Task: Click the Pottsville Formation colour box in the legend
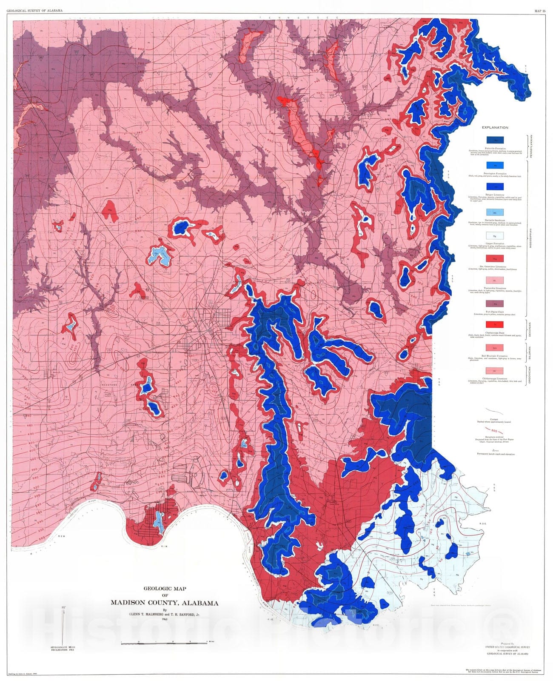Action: pyautogui.click(x=495, y=140)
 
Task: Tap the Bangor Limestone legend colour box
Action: pyautogui.click(x=495, y=186)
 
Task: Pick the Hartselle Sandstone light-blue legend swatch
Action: pyautogui.click(x=495, y=212)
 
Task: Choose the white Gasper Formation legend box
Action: pyautogui.click(x=495, y=235)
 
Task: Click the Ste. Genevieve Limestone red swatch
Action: pyautogui.click(x=495, y=258)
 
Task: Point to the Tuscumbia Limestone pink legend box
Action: pyautogui.click(x=495, y=280)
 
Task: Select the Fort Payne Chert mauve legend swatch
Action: pyautogui.click(x=495, y=303)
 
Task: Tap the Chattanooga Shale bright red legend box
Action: pyautogui.click(x=495, y=325)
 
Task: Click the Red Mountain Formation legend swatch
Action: pyautogui.click(x=495, y=348)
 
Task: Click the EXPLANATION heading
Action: pyautogui.click(x=495, y=127)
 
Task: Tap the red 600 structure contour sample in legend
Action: pyautogui.click(x=495, y=430)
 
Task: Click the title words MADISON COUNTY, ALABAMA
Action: pyautogui.click(x=165, y=603)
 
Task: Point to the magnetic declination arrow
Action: pyautogui.click(x=63, y=626)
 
